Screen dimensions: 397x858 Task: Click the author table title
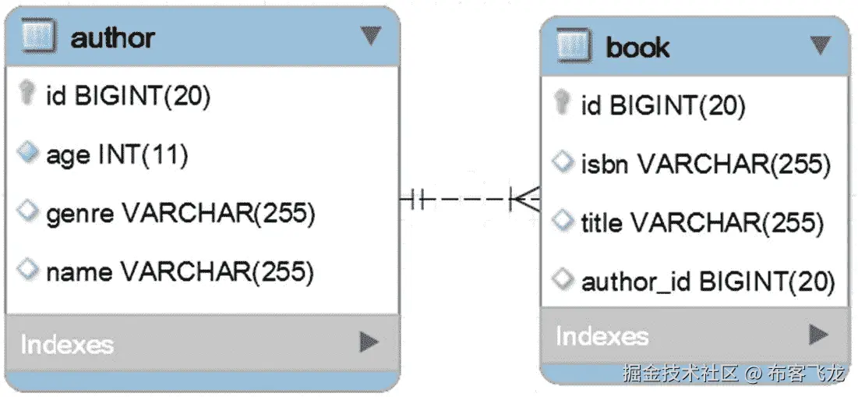pyautogui.click(x=112, y=38)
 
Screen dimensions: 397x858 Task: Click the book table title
pyautogui.click(x=637, y=48)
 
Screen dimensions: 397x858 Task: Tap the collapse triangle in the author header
pyautogui.click(x=370, y=35)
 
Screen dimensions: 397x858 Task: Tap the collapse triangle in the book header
pyautogui.click(x=820, y=45)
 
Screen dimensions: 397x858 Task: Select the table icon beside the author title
pyautogui.click(x=38, y=37)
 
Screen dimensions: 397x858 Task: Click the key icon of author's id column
pyautogui.click(x=28, y=95)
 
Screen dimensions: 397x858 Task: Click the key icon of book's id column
pyautogui.click(x=562, y=104)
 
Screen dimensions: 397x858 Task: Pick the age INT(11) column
pyautogui.click(x=117, y=155)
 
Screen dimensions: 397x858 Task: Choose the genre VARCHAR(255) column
pyautogui.click(x=180, y=213)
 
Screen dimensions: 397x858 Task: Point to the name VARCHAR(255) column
pyautogui.click(x=179, y=271)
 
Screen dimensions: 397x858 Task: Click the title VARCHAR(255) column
pyautogui.click(x=701, y=223)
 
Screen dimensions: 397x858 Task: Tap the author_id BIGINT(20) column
pyautogui.click(x=708, y=282)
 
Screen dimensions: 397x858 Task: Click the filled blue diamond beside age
pyautogui.click(x=28, y=154)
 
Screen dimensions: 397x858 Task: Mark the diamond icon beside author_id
pyautogui.click(x=562, y=280)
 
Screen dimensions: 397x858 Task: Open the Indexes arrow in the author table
pyautogui.click(x=369, y=342)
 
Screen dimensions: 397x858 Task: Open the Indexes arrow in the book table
pyautogui.click(x=817, y=335)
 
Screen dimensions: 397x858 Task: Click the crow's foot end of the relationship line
pyautogui.click(x=525, y=200)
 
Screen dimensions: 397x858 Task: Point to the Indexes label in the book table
pyautogui.click(x=602, y=336)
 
